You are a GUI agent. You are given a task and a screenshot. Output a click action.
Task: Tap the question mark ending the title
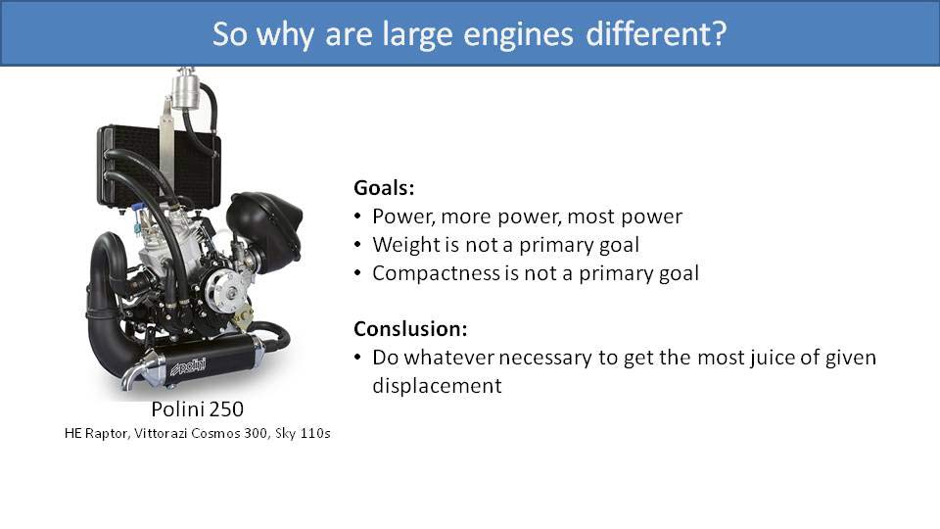pos(718,32)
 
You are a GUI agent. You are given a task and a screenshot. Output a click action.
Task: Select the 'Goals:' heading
pos(384,188)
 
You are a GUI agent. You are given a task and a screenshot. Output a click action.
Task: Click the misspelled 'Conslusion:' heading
pos(410,329)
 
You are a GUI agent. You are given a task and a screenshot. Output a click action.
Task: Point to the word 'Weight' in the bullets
pos(405,245)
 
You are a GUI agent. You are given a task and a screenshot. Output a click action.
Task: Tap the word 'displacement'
pos(437,386)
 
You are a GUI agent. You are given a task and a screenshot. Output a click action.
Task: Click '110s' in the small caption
pos(315,433)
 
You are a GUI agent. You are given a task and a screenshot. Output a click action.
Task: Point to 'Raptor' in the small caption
pos(107,434)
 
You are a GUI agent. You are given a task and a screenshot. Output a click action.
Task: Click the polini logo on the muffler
pos(188,366)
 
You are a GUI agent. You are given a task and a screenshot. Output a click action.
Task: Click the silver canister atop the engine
pos(185,90)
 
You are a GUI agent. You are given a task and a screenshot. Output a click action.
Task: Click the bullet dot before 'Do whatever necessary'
pos(358,358)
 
